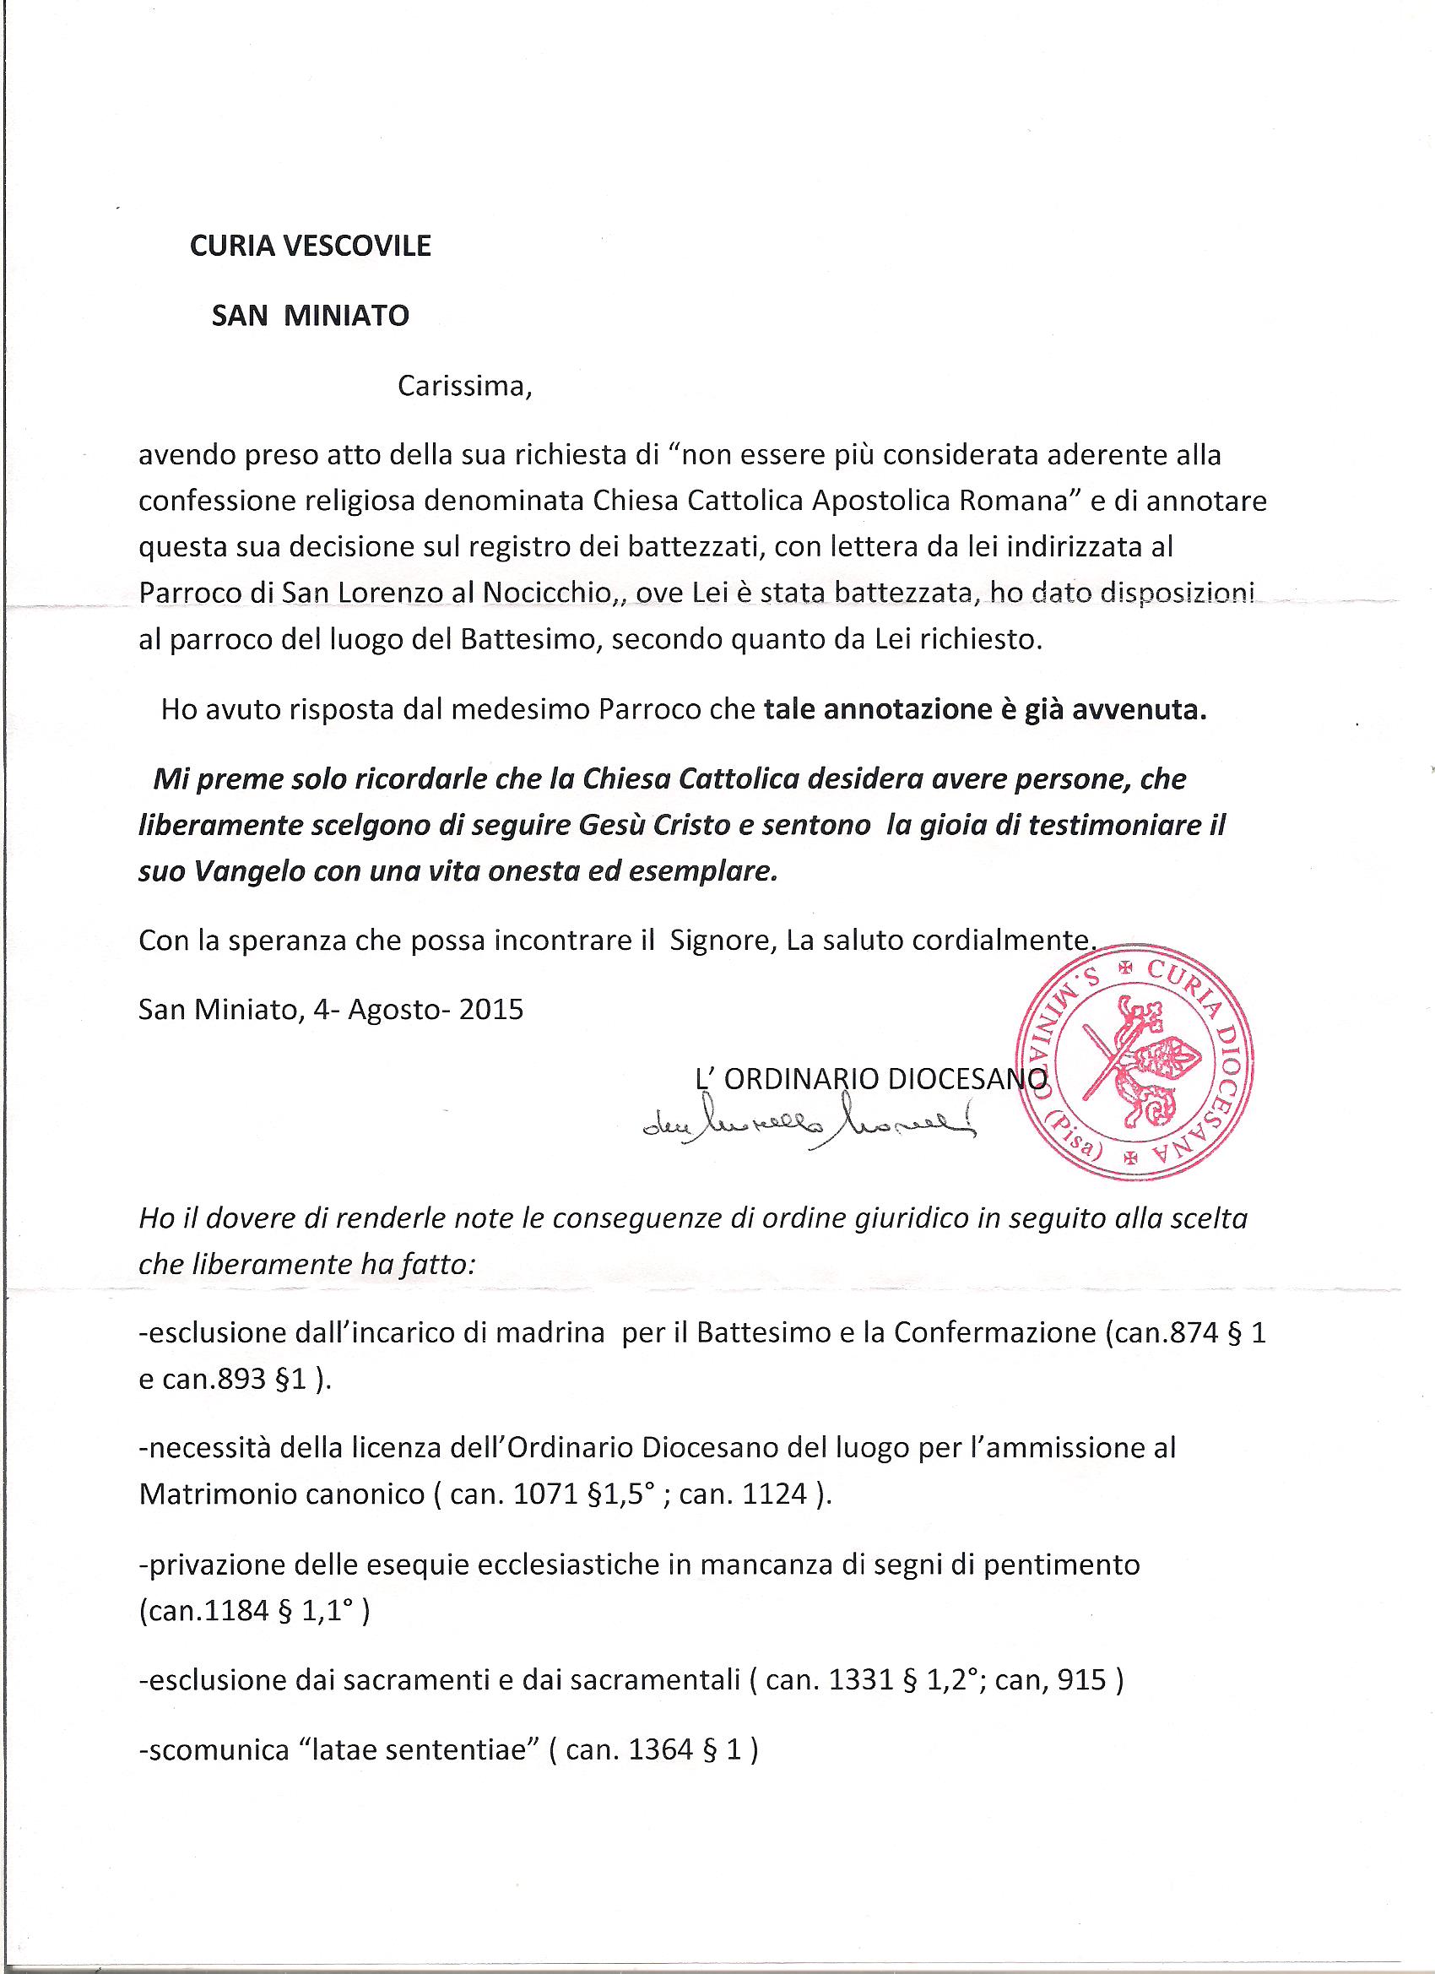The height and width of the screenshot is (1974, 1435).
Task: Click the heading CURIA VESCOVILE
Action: point(311,247)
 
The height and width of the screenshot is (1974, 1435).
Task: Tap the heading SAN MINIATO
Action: point(311,315)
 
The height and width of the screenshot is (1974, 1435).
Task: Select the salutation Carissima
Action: point(463,386)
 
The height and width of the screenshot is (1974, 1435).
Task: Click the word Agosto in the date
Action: point(391,1010)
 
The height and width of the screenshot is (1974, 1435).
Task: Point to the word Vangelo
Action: point(233,873)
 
